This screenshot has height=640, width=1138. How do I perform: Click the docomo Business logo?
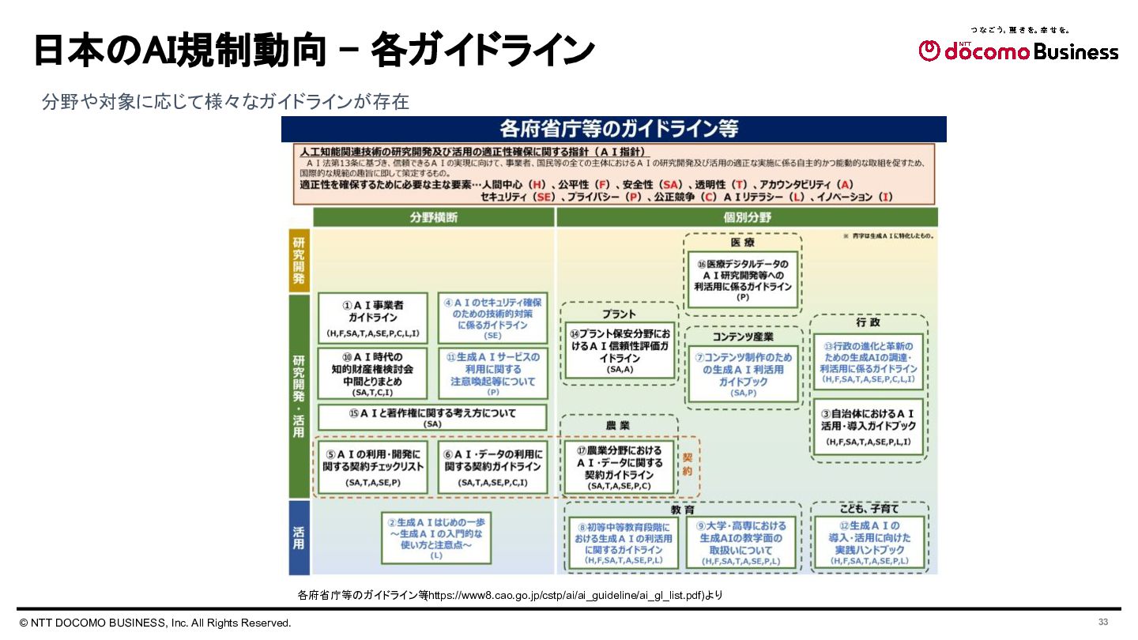tap(1018, 51)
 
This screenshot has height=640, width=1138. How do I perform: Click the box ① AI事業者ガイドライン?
tap(372, 318)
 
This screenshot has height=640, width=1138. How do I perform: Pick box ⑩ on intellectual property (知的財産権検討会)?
tap(372, 374)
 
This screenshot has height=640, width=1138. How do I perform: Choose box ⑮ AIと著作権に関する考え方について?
tap(432, 417)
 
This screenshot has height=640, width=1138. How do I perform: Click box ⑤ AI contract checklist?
tap(373, 466)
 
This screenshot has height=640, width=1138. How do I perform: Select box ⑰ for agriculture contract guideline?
tap(620, 468)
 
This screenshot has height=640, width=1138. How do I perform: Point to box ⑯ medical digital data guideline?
tap(742, 280)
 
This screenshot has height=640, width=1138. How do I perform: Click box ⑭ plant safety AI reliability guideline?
tap(620, 352)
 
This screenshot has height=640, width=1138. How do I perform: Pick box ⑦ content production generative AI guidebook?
tap(743, 375)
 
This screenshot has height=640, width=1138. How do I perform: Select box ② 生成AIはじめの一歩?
tap(436, 539)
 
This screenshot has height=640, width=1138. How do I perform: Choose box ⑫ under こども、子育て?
tap(869, 543)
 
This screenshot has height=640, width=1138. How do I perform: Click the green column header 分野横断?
tap(433, 217)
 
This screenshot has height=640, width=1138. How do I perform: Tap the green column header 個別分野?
tap(747, 217)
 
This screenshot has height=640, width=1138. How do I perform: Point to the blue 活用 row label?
tap(299, 537)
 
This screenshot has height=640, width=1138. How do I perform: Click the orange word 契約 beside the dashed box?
tap(688, 464)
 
